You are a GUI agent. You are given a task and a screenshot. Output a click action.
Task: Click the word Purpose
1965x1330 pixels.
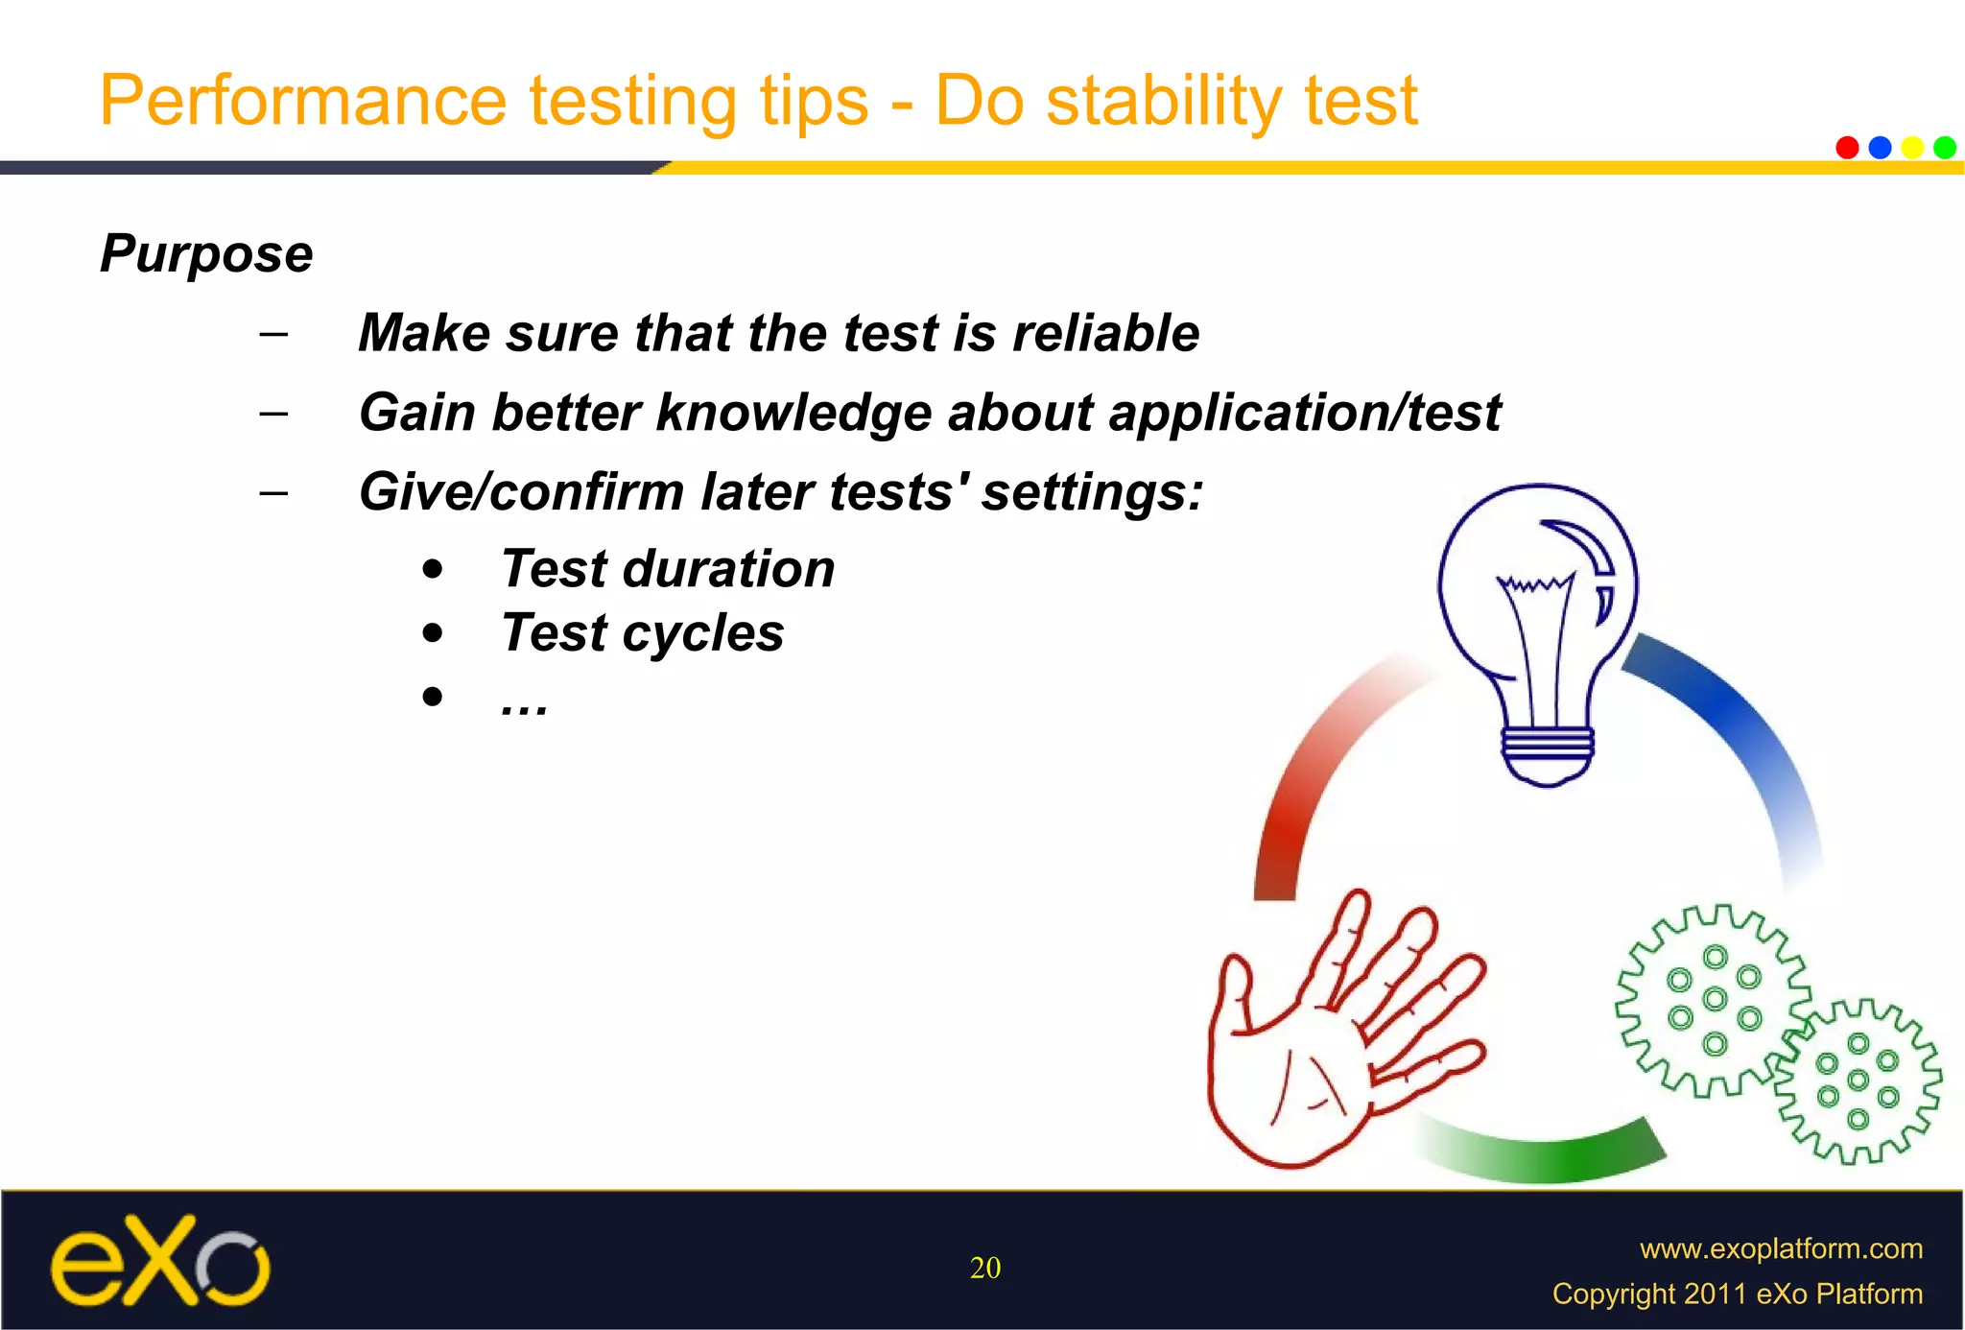pos(206,254)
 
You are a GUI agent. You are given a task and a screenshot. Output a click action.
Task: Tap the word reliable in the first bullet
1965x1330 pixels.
pos(1105,333)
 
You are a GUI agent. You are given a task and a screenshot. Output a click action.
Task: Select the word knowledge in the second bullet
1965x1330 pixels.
pos(793,414)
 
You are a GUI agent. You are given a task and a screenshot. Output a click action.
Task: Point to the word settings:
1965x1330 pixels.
pos(1092,492)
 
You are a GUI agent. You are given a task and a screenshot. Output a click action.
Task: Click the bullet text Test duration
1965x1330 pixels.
pos(668,568)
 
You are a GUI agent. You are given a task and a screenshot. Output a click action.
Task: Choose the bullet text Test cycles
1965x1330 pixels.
pos(642,632)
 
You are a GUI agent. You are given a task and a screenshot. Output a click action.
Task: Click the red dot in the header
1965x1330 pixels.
pos(1847,147)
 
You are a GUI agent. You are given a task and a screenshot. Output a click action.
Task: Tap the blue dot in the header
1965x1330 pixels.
pos(1880,147)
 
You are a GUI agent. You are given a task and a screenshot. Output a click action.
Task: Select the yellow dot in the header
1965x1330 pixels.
pos(1912,147)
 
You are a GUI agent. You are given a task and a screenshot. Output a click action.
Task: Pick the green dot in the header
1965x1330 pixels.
pos(1945,147)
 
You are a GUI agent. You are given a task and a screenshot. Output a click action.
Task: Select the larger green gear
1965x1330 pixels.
pos(1714,999)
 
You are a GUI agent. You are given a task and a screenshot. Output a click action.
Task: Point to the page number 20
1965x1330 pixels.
pos(985,1268)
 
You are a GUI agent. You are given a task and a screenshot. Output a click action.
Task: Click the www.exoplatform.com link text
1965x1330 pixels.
pos(1781,1248)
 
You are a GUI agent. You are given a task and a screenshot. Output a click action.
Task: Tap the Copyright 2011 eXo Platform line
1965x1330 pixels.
pos(1737,1294)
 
